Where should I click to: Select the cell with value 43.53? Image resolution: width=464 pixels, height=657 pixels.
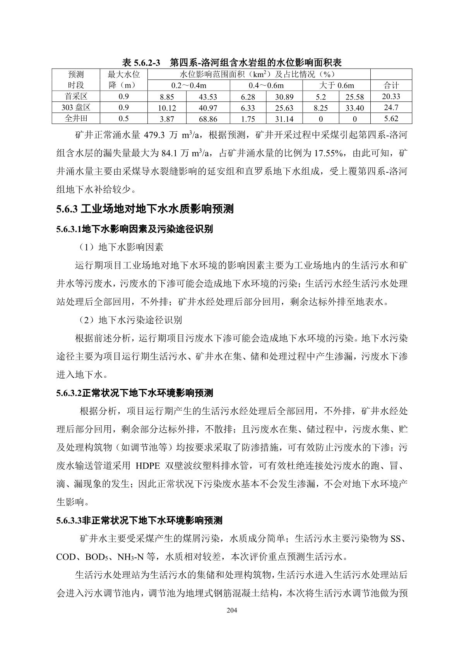point(208,97)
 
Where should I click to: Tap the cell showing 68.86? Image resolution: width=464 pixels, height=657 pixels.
point(208,119)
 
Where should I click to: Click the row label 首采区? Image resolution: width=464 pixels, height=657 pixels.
point(76,96)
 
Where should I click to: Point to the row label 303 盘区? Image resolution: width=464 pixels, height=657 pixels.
point(76,108)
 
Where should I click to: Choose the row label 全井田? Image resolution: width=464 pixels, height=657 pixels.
point(76,119)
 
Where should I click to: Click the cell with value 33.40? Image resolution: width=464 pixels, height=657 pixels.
point(354,108)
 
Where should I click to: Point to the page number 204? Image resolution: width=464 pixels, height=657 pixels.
point(231,611)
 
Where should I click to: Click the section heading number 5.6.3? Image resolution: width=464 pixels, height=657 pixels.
point(67,210)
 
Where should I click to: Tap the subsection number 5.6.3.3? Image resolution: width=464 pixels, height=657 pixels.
point(69,520)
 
